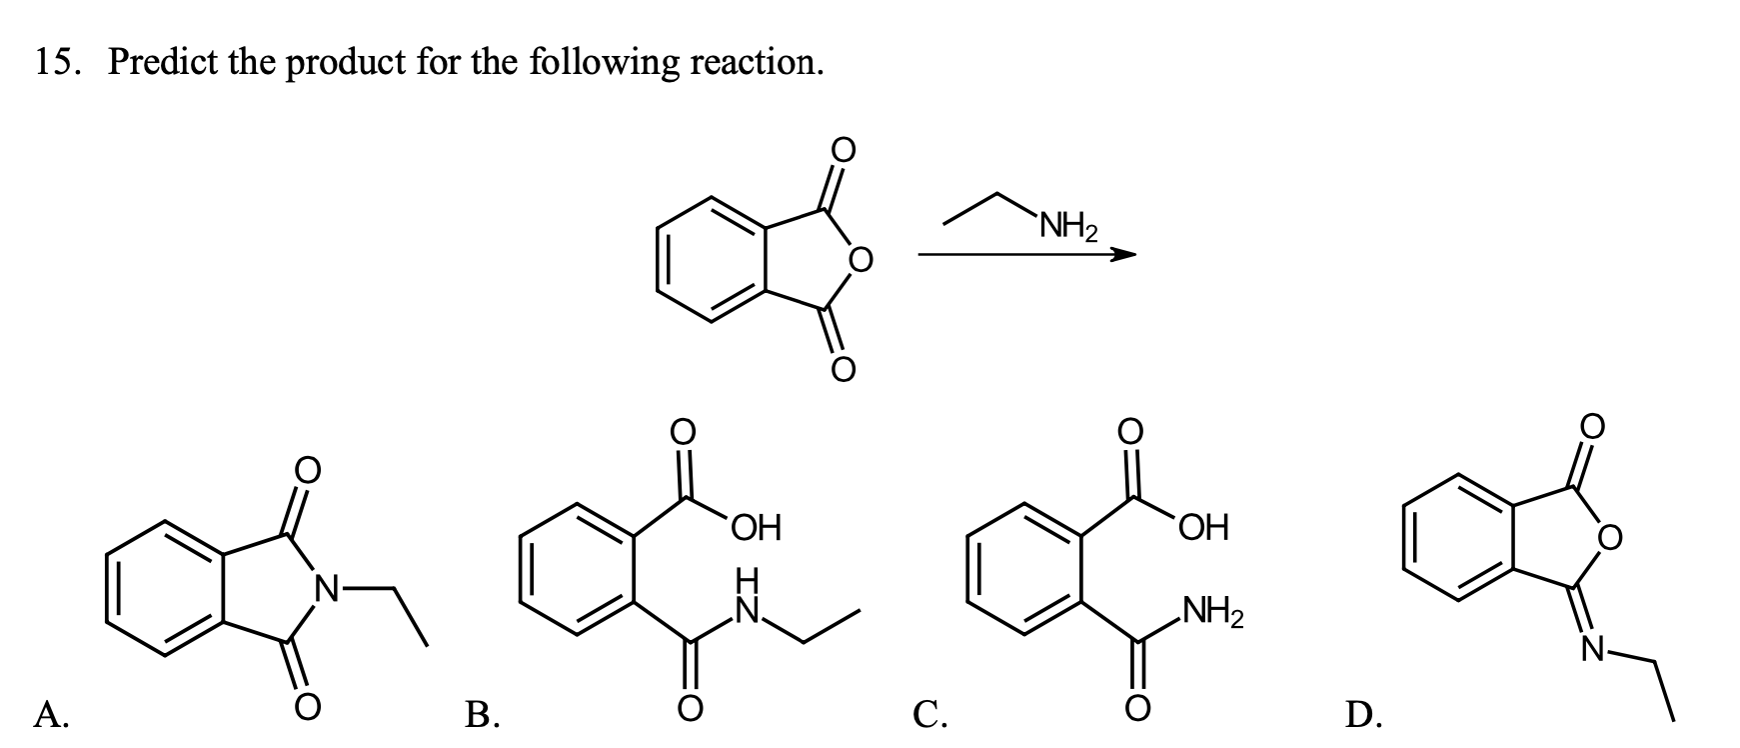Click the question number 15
[x=57, y=63]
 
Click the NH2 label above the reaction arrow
[x=1067, y=230]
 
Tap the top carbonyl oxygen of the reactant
[x=845, y=150]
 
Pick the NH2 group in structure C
[x=1211, y=610]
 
